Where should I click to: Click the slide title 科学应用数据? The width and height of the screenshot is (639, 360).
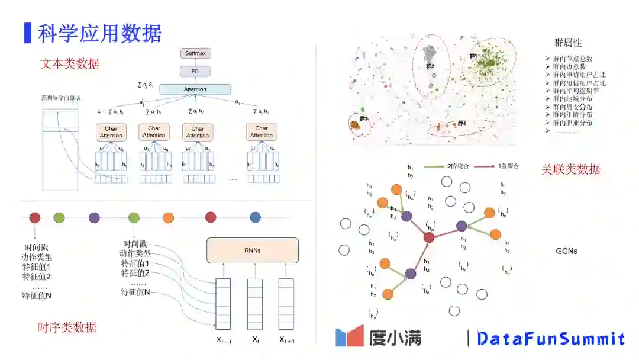click(99, 33)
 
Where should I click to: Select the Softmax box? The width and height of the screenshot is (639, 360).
click(195, 53)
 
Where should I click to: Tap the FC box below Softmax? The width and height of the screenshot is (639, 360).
click(195, 72)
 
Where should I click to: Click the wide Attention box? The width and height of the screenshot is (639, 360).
click(195, 89)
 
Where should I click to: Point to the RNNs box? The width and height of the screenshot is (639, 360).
click(253, 250)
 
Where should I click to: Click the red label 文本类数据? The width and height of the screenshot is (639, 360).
click(70, 64)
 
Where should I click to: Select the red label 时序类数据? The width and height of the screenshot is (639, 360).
click(67, 327)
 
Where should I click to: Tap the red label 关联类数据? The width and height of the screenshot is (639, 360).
click(571, 169)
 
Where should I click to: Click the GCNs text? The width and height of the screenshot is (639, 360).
click(566, 250)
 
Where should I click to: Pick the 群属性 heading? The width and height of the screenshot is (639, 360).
click(568, 43)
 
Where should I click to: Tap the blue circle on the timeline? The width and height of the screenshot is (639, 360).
click(255, 217)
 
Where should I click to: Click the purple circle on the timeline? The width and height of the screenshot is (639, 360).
click(94, 217)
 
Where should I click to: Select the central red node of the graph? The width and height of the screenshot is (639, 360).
click(430, 237)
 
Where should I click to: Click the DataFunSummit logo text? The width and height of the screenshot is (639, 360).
click(550, 339)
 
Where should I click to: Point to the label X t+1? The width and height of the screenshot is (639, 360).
click(287, 340)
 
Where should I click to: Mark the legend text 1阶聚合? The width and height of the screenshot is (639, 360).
click(507, 167)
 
